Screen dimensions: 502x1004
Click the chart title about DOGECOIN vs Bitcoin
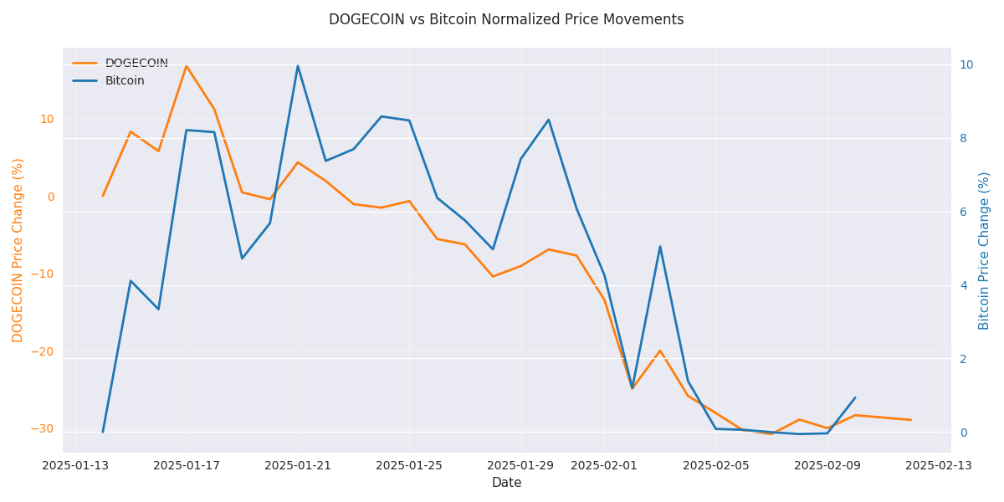[x=505, y=19]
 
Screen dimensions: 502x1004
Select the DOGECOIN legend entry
[x=136, y=64]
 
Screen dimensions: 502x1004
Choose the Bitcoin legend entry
[x=125, y=81]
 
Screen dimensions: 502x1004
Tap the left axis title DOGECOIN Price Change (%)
[x=18, y=250]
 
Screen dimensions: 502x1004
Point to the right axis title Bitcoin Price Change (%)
[x=985, y=250]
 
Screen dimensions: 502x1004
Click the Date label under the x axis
[x=506, y=483]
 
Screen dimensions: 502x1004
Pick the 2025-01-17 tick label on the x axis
[x=187, y=465]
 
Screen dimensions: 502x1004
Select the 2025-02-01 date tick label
[x=604, y=465]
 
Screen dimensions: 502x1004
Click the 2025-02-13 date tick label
[x=939, y=465]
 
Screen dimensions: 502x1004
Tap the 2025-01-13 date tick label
[x=75, y=465]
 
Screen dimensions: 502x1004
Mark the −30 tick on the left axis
[x=42, y=428]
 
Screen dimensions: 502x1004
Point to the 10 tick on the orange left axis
[x=47, y=119]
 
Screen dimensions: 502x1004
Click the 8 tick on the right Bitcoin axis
[x=966, y=138]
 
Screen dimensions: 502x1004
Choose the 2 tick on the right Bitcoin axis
[x=966, y=359]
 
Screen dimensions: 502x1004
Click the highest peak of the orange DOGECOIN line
[x=187, y=66]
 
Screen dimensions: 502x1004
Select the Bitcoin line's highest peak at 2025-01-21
[x=298, y=66]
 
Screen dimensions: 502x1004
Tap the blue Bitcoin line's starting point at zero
[x=103, y=432]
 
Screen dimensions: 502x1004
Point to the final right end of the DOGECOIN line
[x=910, y=420]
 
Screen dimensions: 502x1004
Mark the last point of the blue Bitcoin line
[x=855, y=397]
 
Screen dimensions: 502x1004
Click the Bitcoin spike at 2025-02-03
[x=660, y=247]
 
